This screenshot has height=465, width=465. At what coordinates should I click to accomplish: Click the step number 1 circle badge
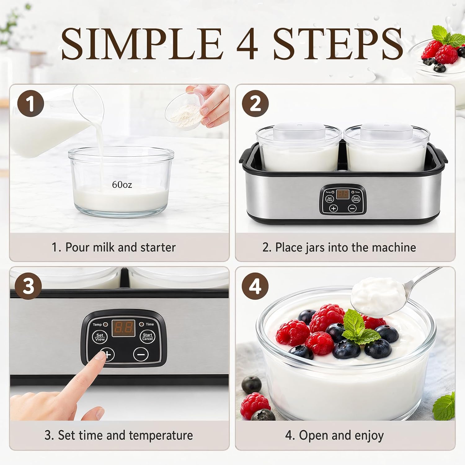pos(30,103)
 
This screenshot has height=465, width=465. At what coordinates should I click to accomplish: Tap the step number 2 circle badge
pos(255,103)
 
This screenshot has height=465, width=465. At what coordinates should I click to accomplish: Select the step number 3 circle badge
pos(28,286)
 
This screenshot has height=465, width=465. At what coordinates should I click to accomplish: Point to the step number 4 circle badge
pos(255,286)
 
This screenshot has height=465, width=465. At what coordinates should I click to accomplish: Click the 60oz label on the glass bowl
pos(122,185)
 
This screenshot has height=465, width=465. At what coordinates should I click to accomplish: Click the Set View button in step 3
pos(100,337)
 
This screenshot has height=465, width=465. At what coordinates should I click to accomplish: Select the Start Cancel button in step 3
pos(148,337)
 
